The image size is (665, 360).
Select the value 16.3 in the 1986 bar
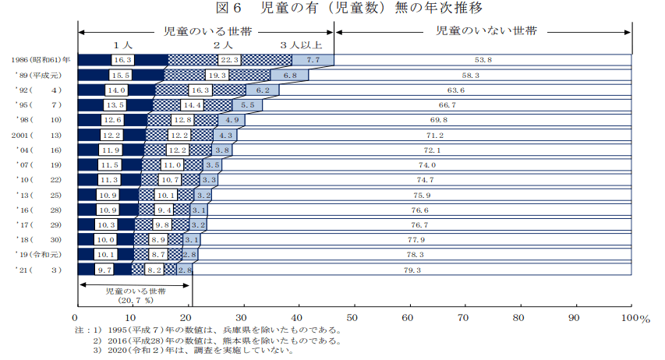pyautogui.click(x=123, y=60)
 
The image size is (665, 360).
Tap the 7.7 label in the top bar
pyautogui.click(x=314, y=60)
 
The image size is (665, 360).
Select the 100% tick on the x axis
pyautogui.click(x=629, y=318)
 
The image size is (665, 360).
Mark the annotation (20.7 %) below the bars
pyautogui.click(x=134, y=300)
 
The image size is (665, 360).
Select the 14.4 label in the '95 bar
pyautogui.click(x=192, y=105)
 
